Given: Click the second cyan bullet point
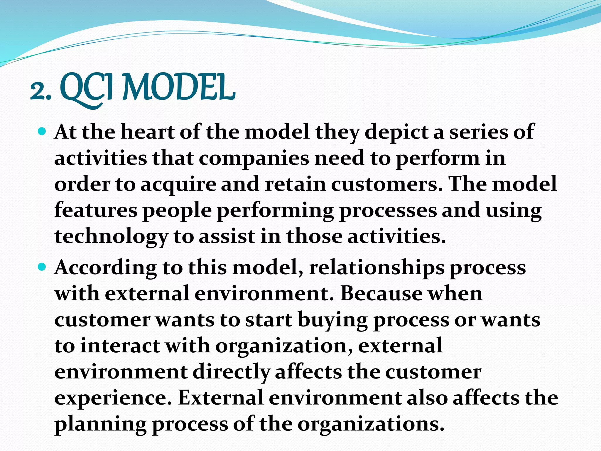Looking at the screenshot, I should [42, 267].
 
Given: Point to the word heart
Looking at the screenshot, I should [148, 132].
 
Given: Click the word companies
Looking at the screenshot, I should [254, 159].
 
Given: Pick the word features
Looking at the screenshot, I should [96, 210].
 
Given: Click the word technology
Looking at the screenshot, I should [111, 237].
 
